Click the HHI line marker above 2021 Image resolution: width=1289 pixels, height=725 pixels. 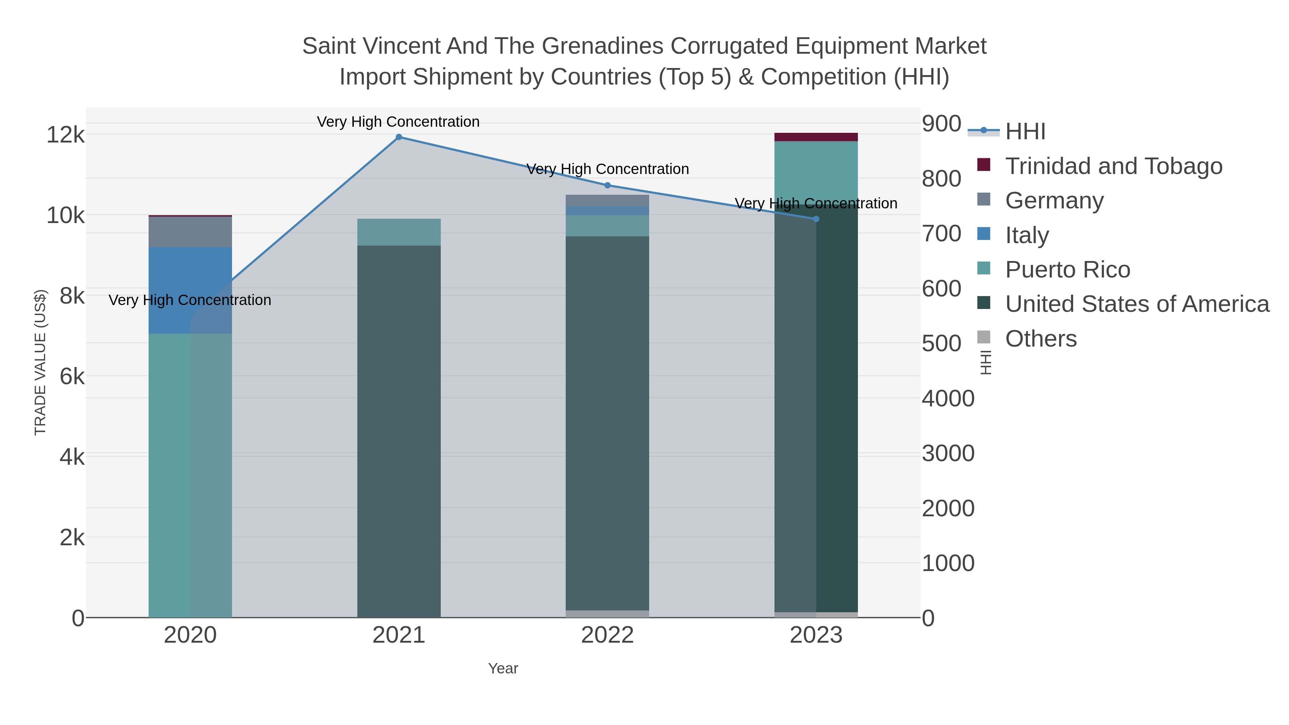tap(399, 137)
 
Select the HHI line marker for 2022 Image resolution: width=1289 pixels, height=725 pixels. tap(608, 185)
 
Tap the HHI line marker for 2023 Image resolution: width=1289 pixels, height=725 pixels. tap(816, 219)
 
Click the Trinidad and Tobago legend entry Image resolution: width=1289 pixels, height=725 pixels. tap(1113, 166)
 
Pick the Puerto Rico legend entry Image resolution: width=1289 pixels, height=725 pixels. tap(1067, 270)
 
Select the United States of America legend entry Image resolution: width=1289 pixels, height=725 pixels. tap(1137, 304)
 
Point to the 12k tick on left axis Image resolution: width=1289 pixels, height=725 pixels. tap(65, 135)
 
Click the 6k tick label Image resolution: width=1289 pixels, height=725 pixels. tap(72, 377)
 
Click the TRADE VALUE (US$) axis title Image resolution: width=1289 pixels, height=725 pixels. tap(40, 362)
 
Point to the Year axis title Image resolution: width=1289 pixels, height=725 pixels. tap(503, 668)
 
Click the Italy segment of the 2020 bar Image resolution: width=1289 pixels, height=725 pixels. tap(190, 290)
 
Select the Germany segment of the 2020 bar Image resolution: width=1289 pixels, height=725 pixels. tap(190, 232)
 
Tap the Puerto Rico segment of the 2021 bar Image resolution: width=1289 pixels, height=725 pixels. tap(399, 232)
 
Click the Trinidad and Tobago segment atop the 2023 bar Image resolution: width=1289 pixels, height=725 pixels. tap(816, 137)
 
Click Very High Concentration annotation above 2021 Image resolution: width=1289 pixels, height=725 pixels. tap(398, 122)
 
